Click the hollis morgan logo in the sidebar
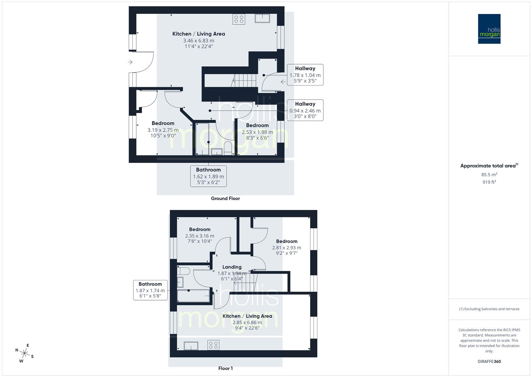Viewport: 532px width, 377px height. [489, 29]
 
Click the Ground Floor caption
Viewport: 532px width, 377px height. [225, 198]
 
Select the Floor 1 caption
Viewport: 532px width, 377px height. [225, 368]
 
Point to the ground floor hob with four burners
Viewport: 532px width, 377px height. [239, 19]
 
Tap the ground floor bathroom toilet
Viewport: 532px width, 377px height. [228, 148]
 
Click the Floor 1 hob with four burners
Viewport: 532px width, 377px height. [214, 345]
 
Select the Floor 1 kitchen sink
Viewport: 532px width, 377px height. [191, 346]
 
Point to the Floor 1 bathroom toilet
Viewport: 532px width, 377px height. [183, 271]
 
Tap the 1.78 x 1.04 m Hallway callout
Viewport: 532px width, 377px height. [305, 75]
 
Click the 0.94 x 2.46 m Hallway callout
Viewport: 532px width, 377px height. [305, 110]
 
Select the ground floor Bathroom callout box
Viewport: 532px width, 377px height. [208, 176]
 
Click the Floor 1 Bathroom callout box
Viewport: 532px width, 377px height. [150, 290]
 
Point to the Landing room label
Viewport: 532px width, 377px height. [232, 267]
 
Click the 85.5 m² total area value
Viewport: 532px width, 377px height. [489, 175]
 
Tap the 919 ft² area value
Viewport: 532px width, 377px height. [489, 182]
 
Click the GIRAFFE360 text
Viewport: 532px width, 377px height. [489, 361]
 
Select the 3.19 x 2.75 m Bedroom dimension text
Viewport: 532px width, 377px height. [163, 130]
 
